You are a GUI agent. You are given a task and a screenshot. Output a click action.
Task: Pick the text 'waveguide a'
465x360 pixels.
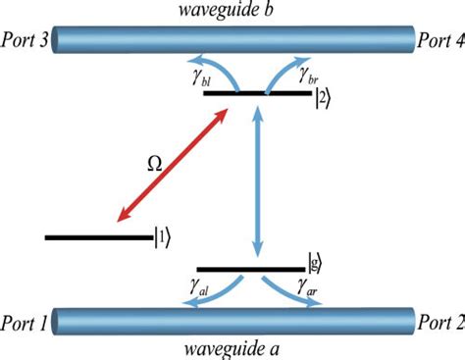[x=232, y=350]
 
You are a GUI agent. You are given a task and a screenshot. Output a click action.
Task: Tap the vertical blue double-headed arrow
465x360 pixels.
[x=258, y=182]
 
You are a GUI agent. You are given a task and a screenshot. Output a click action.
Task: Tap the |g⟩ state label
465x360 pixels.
[x=314, y=263]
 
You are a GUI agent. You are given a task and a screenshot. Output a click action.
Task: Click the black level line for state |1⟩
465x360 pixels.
[x=97, y=236]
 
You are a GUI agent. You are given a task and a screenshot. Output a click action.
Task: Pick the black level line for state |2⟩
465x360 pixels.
[x=258, y=94]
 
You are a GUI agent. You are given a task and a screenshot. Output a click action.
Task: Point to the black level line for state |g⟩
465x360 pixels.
[x=251, y=269]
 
